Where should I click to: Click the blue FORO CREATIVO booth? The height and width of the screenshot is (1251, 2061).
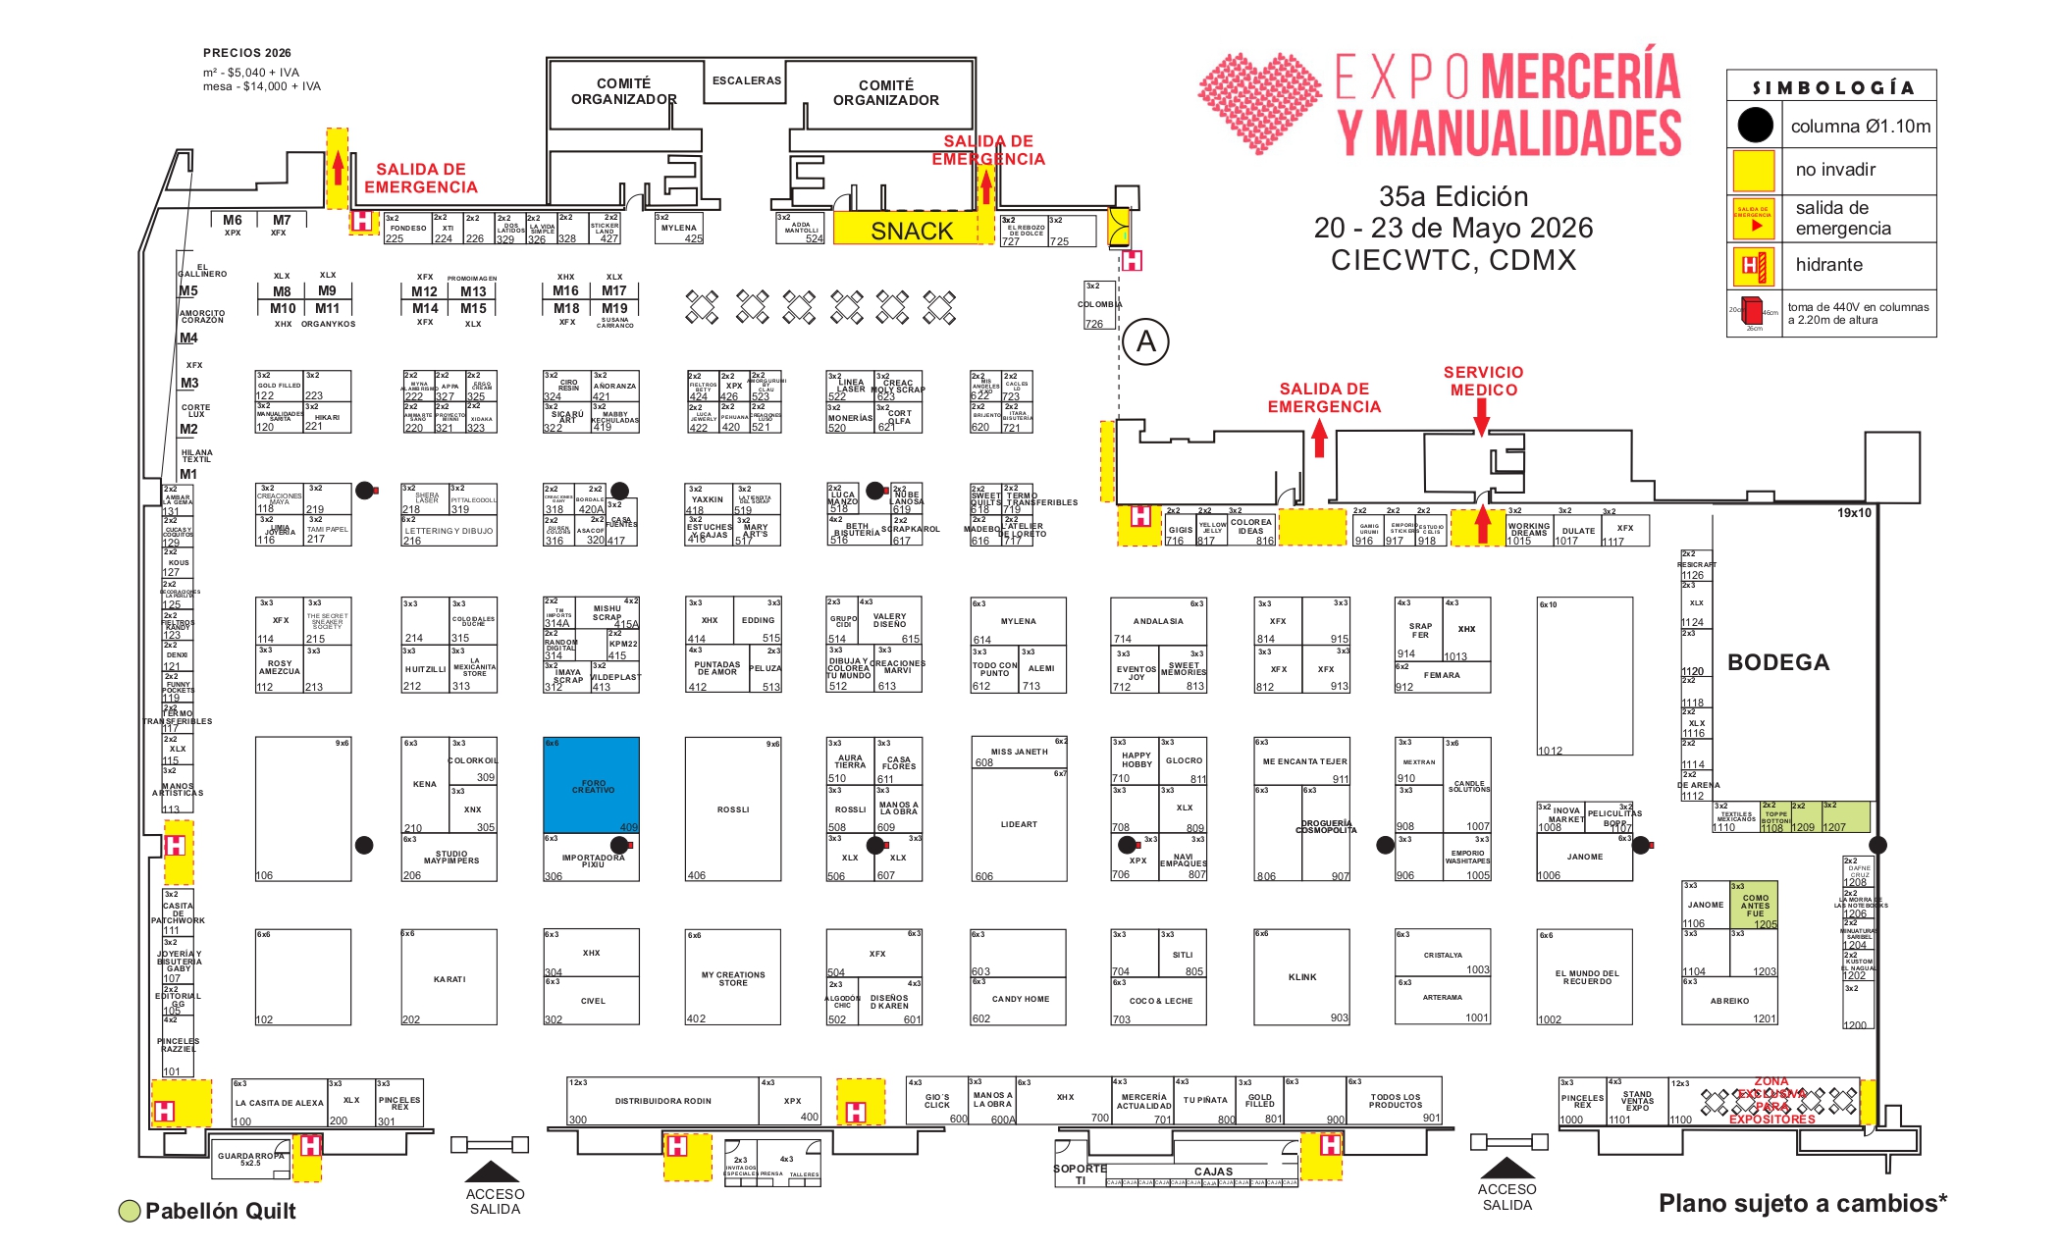point(591,785)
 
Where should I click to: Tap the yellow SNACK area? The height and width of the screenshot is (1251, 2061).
point(911,231)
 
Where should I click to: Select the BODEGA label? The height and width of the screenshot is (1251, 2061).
point(1777,662)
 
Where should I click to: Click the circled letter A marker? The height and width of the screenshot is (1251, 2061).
point(1145,342)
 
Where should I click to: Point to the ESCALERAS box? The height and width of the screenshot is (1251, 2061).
point(746,80)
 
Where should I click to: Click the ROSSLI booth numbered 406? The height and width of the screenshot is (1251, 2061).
point(732,809)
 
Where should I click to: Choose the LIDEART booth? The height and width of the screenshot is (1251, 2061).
point(1019,824)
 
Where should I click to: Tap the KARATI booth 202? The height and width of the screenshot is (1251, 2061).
point(449,978)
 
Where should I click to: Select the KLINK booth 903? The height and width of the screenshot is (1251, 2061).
point(1301,977)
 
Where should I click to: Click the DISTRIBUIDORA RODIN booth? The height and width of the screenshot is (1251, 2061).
point(662,1101)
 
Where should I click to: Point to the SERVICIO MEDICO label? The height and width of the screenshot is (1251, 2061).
point(1483,381)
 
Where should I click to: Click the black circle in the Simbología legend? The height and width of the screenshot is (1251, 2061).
point(1755,125)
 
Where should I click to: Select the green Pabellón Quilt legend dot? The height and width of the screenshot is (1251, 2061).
point(129,1211)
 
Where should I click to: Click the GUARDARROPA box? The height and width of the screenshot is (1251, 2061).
point(251,1159)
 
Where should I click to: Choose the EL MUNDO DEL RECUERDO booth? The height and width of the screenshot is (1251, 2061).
point(1586,977)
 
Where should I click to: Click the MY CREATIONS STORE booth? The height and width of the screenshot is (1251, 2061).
point(732,978)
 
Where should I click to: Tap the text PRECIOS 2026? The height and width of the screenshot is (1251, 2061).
point(246,53)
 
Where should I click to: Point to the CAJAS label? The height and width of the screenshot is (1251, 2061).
point(1213,1172)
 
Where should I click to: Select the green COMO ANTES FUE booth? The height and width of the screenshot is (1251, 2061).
point(1754,905)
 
